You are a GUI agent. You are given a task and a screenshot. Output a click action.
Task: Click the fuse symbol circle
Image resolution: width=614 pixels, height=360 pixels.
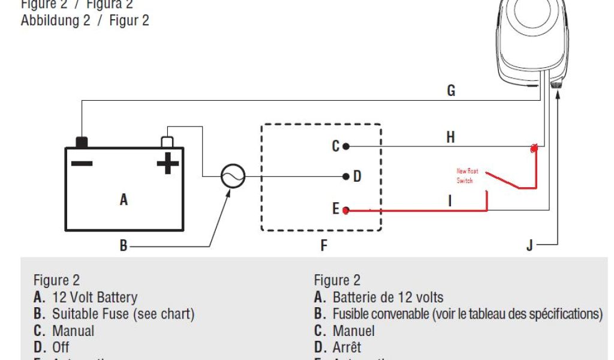click(233, 176)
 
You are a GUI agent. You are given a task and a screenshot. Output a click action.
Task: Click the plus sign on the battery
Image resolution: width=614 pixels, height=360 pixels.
click(167, 163)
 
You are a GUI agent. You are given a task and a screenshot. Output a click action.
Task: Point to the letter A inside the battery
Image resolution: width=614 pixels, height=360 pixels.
click(124, 200)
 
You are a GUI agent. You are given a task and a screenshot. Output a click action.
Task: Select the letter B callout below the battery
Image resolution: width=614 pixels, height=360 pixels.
click(124, 246)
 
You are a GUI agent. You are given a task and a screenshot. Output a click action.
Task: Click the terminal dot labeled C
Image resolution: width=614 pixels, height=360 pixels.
click(346, 146)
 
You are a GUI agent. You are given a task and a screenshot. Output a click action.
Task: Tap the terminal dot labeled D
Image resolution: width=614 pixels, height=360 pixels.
click(346, 176)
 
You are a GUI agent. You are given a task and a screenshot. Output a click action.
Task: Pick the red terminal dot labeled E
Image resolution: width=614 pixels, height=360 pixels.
click(346, 210)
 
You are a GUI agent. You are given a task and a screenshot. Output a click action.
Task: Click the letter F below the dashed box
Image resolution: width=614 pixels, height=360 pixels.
click(324, 246)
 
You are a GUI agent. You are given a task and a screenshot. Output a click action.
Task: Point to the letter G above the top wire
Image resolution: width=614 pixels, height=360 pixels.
click(451, 91)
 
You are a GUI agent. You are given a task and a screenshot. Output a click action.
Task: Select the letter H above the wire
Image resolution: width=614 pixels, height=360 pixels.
click(451, 137)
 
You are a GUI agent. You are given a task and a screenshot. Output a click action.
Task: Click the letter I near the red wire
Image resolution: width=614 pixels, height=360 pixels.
click(450, 201)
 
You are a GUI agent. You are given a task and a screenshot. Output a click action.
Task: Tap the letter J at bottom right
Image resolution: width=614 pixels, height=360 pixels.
click(529, 246)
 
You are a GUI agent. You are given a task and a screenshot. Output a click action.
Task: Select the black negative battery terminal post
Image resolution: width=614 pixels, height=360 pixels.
click(81, 142)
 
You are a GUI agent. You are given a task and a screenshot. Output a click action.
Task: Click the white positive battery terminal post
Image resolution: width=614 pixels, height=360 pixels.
click(167, 142)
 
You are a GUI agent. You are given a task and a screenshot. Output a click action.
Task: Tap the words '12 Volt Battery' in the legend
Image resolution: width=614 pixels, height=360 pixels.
click(95, 297)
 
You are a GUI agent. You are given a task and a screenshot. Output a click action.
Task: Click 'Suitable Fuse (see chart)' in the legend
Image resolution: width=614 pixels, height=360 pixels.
click(123, 314)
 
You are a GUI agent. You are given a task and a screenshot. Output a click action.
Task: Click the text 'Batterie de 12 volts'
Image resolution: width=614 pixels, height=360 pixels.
click(388, 297)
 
